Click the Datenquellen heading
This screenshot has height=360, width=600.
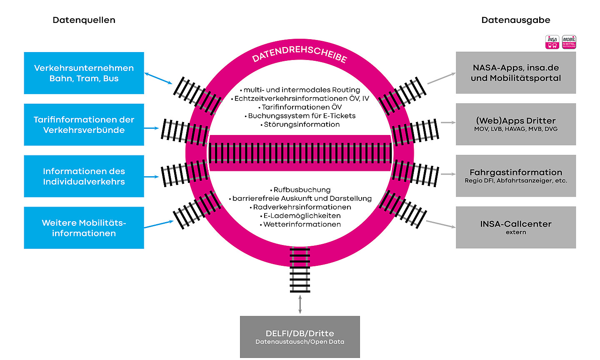point(84,20)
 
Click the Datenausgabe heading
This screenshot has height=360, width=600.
point(515,20)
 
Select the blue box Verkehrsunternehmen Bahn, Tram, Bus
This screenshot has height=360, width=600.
point(84,73)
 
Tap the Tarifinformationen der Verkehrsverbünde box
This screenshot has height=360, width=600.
point(84,125)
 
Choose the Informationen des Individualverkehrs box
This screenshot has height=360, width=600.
point(84,176)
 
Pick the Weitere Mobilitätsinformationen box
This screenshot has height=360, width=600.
point(84,228)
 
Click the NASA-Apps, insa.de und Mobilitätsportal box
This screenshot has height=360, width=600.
point(516,72)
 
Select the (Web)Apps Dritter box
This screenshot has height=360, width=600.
point(516,124)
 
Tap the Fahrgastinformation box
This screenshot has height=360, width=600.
point(516,176)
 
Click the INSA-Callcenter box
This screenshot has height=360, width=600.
point(516,227)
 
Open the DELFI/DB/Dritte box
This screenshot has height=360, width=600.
point(300,337)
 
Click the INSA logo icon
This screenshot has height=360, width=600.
point(552,42)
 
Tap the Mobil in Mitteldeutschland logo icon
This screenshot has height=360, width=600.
point(569,42)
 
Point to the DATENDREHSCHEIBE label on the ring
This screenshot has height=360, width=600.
point(299,54)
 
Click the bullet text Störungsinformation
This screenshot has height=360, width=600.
point(302,125)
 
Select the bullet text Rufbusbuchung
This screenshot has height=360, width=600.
point(302,190)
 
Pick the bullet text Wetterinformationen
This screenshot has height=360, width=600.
point(302,225)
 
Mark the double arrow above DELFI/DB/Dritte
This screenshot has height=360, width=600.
point(300,304)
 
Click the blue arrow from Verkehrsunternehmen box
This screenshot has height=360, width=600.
point(158,78)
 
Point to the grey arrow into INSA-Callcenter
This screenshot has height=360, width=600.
point(441,224)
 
